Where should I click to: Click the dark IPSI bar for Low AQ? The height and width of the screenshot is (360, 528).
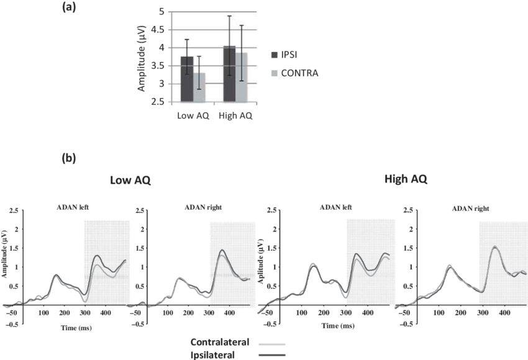[187, 79]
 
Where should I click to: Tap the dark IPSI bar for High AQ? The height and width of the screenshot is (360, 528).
[229, 74]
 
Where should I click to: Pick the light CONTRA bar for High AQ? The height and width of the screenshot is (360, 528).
[241, 77]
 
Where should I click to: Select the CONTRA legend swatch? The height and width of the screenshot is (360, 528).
[274, 73]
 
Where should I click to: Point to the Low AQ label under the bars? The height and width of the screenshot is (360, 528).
[193, 115]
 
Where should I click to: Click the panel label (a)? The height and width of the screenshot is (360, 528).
[69, 7]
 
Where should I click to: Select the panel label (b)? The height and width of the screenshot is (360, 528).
[69, 158]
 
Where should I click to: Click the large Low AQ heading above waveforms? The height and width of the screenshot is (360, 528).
[131, 180]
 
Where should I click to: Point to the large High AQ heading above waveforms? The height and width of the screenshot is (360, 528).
[406, 179]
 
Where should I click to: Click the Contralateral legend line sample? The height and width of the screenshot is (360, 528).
[271, 343]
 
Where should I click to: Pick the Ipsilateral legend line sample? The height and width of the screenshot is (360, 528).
[271, 354]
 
